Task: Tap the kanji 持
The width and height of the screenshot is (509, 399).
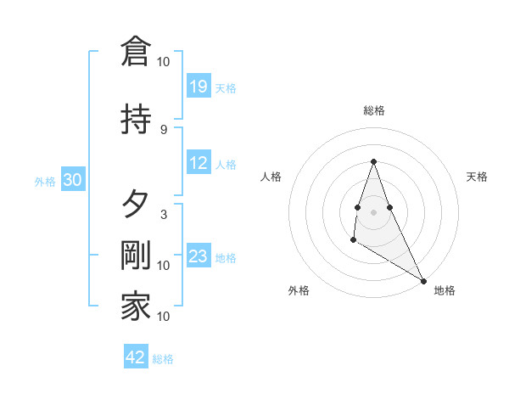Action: click(x=136, y=118)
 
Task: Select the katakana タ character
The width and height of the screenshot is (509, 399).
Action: click(x=136, y=204)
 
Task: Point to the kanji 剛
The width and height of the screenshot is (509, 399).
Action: click(x=136, y=256)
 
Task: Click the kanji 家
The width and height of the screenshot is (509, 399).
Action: click(x=136, y=306)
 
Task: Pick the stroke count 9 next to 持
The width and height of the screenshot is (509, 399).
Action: click(x=163, y=129)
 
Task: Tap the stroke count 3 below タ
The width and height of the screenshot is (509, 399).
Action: click(x=163, y=214)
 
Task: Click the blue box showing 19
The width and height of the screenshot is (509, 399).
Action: click(x=199, y=87)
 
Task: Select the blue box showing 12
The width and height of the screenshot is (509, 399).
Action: click(x=199, y=163)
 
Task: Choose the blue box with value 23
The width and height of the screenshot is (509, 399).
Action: click(x=199, y=256)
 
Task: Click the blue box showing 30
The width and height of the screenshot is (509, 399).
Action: click(x=72, y=180)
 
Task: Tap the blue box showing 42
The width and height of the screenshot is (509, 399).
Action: click(x=136, y=357)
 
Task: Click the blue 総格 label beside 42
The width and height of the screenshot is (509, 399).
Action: click(x=163, y=359)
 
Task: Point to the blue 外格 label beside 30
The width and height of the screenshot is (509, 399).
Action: click(x=45, y=182)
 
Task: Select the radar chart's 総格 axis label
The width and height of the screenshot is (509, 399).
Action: click(x=373, y=110)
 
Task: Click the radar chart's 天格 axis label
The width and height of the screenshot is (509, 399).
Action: click(x=478, y=177)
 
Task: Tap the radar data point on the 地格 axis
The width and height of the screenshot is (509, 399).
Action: click(x=424, y=281)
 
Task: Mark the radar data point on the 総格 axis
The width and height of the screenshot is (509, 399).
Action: click(x=373, y=161)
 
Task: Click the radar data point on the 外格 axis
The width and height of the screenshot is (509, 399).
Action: click(x=353, y=240)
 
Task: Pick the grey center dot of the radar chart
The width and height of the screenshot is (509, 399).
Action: click(x=373, y=211)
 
